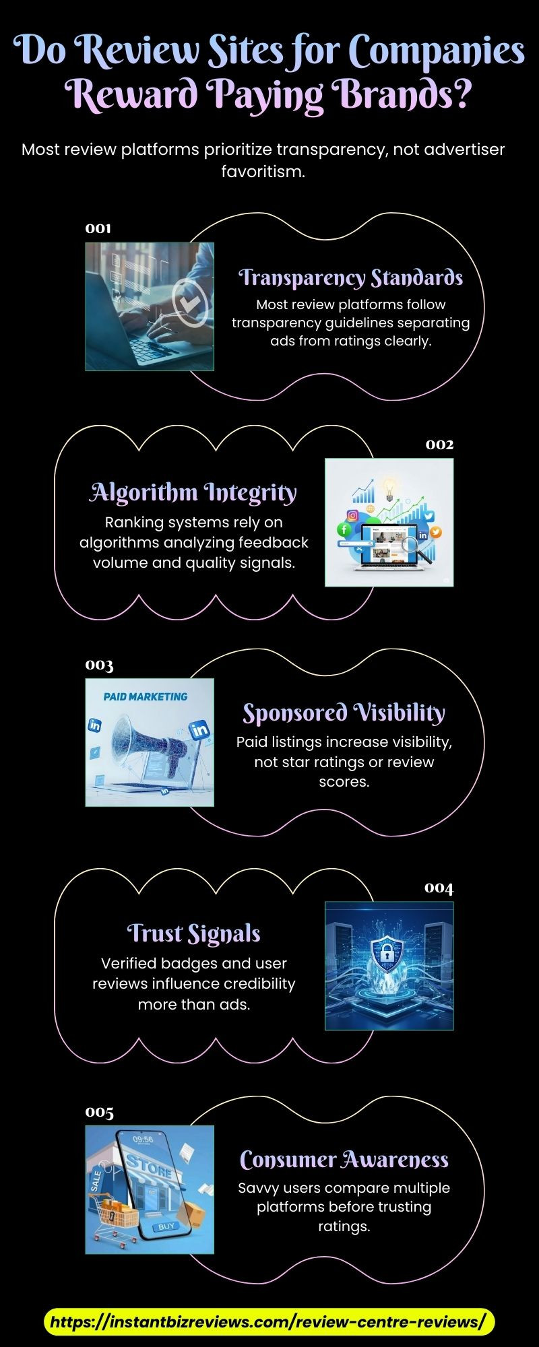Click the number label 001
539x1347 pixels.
coord(98,228)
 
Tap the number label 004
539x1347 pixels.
coord(439,888)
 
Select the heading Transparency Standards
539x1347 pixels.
coord(351,277)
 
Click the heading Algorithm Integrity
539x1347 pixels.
coord(193,493)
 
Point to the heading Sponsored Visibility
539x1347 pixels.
coord(344,713)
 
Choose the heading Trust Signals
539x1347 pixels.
coord(194,933)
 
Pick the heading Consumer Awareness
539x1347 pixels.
coord(344,1159)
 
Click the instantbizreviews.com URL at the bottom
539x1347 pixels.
coord(269,1322)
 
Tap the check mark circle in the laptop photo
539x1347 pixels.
coord(191,304)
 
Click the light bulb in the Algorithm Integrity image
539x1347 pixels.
coord(389,487)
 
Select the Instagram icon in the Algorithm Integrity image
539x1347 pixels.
coord(352,516)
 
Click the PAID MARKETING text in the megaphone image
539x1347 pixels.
coord(146,697)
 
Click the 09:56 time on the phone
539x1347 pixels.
coord(143,1140)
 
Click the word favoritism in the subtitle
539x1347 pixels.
coord(263,172)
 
